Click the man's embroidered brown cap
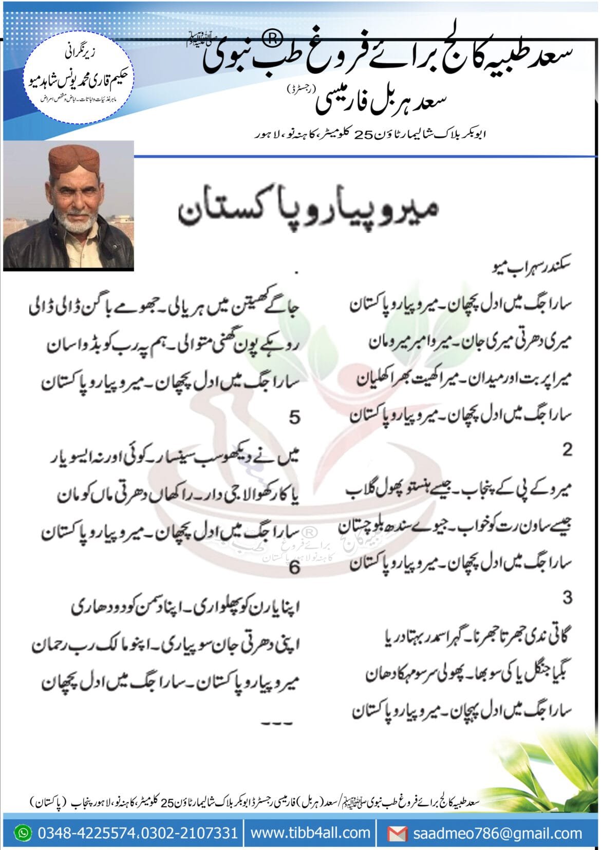coord(71,164)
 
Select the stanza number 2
coord(567,450)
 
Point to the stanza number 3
coord(567,598)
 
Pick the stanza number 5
coord(294,417)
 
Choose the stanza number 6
coord(294,567)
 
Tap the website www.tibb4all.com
coord(310,833)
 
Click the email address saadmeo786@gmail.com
coord(497,833)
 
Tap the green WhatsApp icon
coord(22,833)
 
